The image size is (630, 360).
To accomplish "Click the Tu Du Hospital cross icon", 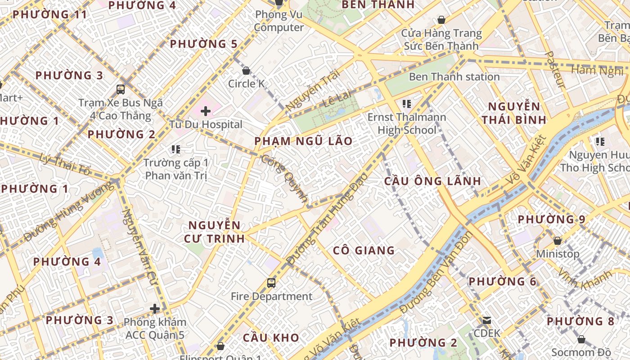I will coord(206,111).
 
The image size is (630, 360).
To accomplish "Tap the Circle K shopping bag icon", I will coord(246,71).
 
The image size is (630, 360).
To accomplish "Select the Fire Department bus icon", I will coord(271,283).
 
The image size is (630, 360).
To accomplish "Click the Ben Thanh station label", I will coord(454,77).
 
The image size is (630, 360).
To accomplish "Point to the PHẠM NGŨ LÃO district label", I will coord(303,141).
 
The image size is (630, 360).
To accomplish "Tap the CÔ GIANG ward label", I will coord(364,251).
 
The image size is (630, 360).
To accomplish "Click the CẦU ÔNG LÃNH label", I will coord(432,181).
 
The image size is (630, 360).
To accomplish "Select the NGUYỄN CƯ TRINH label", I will coord(214,232).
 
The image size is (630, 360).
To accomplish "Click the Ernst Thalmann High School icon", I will coord(407,104).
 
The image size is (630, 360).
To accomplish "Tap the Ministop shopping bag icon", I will coord(558,241).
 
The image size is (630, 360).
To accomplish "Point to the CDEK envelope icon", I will coord(486,320).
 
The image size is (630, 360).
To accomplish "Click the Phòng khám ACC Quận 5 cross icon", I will coord(155,309).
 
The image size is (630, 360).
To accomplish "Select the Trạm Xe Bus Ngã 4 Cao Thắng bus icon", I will coord(120,89).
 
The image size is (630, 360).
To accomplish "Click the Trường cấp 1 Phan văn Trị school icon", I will coord(175,149).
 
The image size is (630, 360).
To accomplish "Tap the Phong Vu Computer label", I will coord(279,21).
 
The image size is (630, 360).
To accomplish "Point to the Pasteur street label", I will coord(555,69).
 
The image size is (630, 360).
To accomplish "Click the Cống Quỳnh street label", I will coord(285,179).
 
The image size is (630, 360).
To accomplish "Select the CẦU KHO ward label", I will coord(271,338).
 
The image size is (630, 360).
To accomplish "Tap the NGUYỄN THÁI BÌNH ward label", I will coord(514,113).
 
